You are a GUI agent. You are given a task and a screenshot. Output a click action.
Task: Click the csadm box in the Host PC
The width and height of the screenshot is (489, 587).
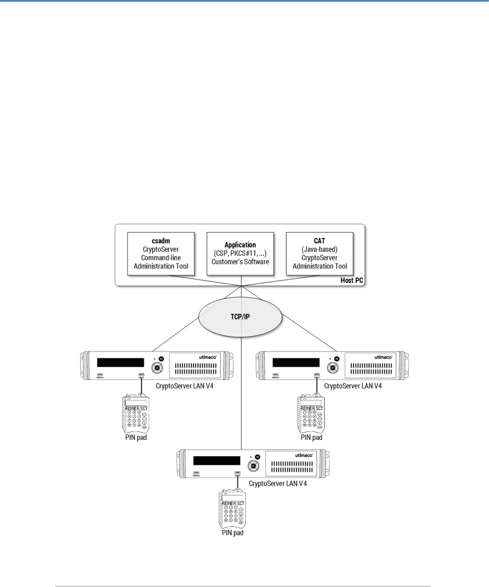(161, 254)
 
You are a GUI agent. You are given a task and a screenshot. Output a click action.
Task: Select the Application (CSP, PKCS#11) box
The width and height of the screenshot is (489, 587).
(240, 254)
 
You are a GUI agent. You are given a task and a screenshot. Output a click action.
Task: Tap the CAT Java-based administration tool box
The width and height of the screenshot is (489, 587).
(319, 254)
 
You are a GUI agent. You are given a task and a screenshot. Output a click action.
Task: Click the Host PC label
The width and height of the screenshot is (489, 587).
(351, 280)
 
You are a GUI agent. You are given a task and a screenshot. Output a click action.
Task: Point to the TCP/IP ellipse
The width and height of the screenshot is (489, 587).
(240, 316)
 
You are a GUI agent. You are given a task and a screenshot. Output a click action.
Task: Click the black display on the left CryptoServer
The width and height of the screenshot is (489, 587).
(120, 362)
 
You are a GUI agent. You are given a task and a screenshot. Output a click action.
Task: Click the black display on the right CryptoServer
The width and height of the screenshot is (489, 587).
(296, 362)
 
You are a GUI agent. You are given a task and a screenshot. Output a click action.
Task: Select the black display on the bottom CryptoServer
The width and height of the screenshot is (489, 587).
(216, 461)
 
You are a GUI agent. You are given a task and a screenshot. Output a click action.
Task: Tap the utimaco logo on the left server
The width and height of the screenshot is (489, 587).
(207, 357)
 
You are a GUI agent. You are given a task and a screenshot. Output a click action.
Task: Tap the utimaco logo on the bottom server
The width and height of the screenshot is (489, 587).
(304, 455)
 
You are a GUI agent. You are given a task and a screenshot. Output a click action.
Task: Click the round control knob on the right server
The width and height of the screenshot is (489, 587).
(333, 368)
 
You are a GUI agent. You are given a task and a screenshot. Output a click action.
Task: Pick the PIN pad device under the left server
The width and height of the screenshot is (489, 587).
(136, 414)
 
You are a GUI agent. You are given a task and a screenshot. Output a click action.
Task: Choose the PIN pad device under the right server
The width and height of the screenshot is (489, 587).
(311, 414)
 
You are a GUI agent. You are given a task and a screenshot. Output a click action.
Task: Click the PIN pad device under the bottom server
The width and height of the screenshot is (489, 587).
(232, 509)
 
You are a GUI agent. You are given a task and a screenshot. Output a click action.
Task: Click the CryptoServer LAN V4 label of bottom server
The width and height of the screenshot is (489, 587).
(278, 484)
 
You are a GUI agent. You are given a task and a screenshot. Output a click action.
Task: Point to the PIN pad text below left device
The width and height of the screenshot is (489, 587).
(136, 438)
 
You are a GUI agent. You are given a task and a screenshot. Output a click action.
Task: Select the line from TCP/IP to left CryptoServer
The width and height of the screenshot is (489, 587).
(174, 335)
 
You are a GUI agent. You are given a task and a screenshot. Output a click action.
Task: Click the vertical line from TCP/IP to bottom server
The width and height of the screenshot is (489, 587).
(241, 394)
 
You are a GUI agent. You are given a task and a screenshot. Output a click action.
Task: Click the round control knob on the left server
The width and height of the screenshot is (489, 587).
(157, 368)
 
